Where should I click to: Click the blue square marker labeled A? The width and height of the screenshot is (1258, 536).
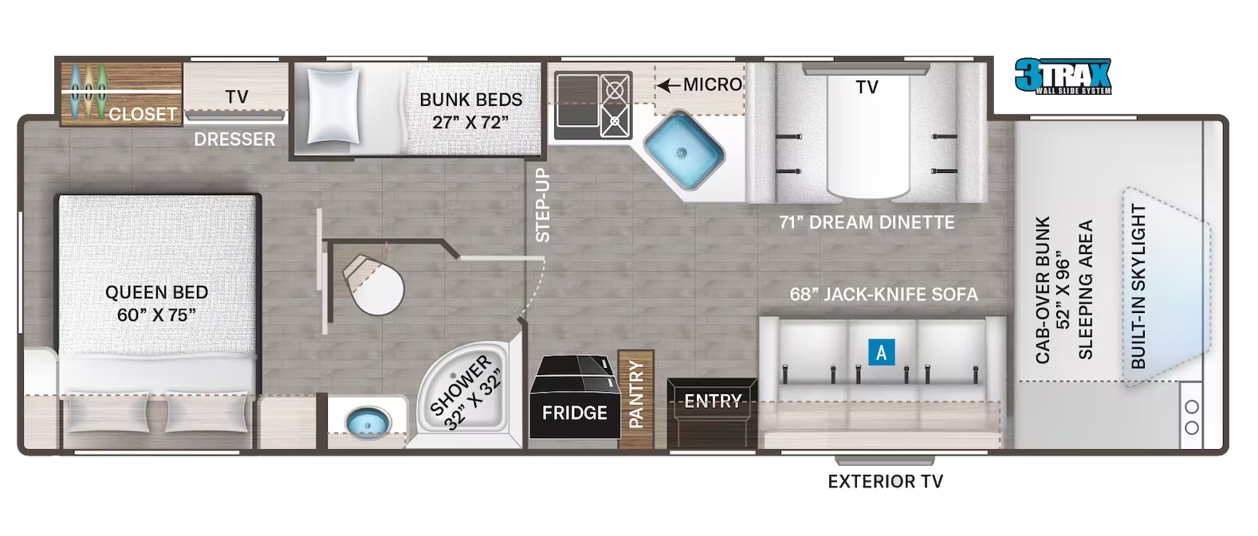(x=881, y=353)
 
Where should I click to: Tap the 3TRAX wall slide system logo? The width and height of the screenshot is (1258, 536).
(x=1063, y=76)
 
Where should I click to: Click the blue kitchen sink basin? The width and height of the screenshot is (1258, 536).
(x=683, y=151)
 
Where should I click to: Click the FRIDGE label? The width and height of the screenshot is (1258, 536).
(x=575, y=413)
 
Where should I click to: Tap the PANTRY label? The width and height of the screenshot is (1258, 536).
(x=636, y=394)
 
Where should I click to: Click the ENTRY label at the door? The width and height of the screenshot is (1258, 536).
(x=714, y=401)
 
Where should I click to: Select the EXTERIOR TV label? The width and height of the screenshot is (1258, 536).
(x=886, y=482)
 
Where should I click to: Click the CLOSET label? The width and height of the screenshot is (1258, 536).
(x=143, y=115)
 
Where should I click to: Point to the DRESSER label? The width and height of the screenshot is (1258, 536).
(x=234, y=139)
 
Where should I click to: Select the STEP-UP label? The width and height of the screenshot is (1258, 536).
(x=543, y=205)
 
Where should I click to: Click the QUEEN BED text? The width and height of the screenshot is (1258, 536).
(x=157, y=292)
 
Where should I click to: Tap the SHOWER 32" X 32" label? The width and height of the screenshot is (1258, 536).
(x=465, y=392)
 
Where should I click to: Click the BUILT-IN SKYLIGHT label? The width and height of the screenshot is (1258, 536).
(x=1138, y=286)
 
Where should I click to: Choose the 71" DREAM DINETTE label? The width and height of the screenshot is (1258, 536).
(x=867, y=222)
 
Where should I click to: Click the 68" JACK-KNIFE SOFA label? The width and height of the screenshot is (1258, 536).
(x=884, y=294)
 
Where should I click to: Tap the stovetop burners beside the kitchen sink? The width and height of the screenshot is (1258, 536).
(x=615, y=105)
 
